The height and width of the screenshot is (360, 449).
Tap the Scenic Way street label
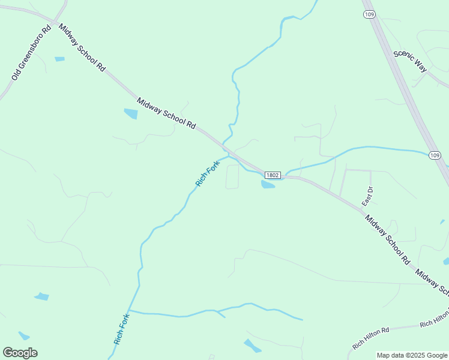click(411, 61)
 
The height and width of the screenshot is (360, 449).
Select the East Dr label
click(367, 197)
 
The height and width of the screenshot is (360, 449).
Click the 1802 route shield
click(273, 175)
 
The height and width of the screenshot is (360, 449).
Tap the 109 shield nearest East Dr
click(436, 155)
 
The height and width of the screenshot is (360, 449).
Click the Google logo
click(20, 353)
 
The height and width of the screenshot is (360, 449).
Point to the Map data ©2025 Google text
click(412, 355)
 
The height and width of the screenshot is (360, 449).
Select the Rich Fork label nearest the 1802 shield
click(208, 173)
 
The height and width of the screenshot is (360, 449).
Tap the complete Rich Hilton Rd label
click(371, 338)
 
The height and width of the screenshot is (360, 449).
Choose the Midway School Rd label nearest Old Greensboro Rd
click(82, 47)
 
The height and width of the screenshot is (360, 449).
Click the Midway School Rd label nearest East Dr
click(387, 239)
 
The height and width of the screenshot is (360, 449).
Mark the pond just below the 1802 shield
click(268, 185)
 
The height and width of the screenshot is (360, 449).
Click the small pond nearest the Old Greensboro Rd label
click(59, 59)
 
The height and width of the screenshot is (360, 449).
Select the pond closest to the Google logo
click(23, 335)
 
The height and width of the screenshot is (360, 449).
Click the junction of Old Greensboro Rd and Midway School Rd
click(56, 23)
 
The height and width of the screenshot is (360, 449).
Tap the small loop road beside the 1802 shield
click(232, 176)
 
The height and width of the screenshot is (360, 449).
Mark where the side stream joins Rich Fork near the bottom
click(130, 311)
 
